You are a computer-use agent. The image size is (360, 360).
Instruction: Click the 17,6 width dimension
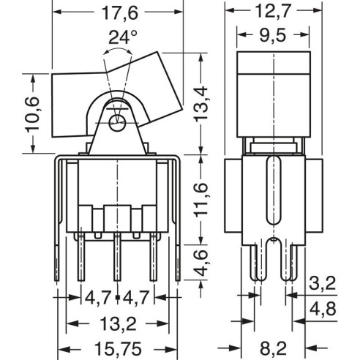120,12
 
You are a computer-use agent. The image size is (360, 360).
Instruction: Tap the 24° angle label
122,37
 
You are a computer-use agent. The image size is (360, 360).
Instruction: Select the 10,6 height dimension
32,115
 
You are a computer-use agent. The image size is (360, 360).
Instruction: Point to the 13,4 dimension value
200,104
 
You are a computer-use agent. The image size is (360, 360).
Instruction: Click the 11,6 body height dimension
200,200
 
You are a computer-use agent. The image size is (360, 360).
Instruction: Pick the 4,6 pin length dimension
200,263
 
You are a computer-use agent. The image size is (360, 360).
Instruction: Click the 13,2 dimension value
118,324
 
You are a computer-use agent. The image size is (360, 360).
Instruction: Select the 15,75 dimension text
118,349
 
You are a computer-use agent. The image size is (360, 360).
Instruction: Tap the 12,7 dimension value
273,11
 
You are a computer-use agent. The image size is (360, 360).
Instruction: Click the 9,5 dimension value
273,36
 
